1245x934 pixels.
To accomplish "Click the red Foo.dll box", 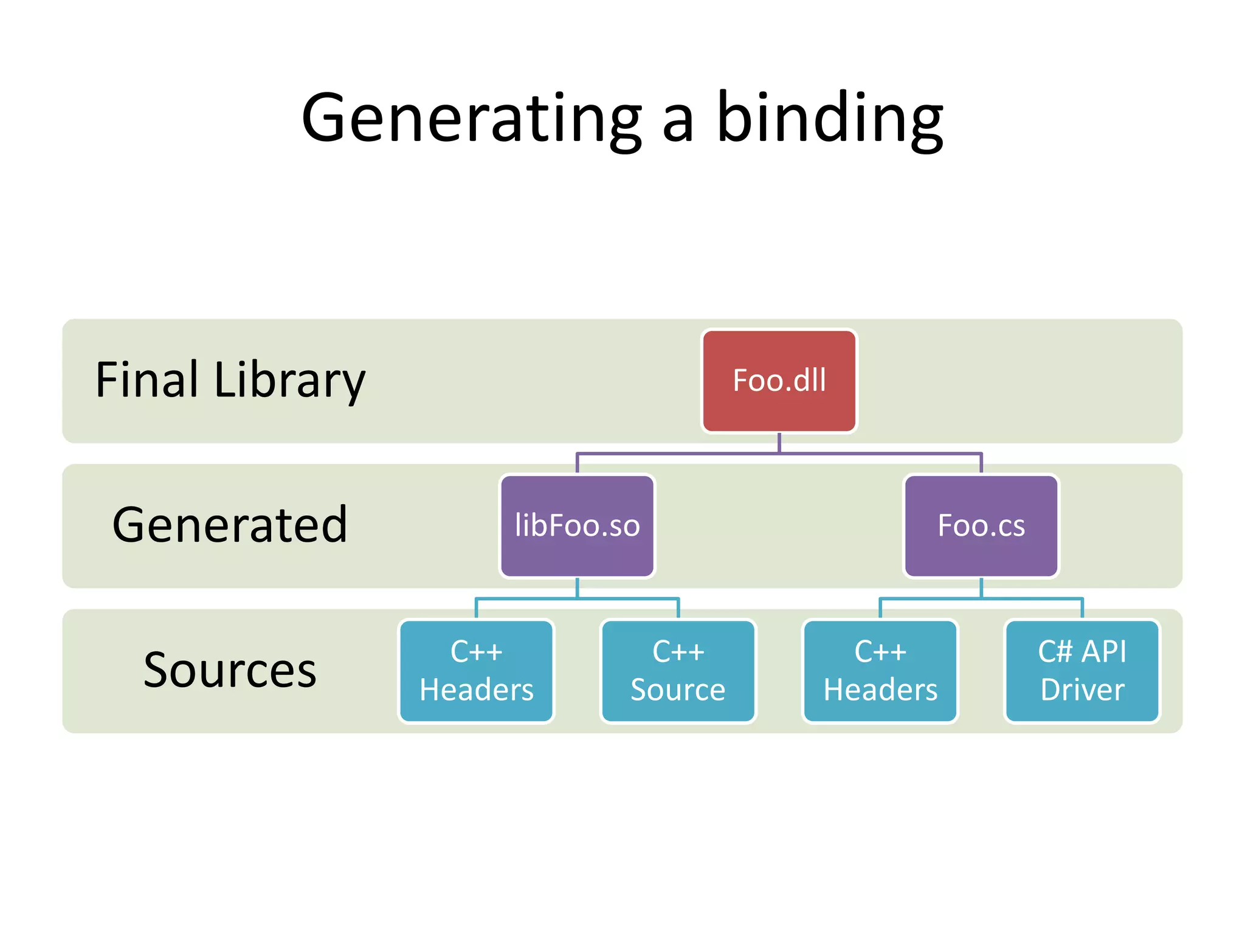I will pyautogui.click(x=779, y=381).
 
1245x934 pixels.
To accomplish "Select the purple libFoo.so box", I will pyautogui.click(x=577, y=526).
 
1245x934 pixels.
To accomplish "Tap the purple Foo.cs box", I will pyautogui.click(x=981, y=526).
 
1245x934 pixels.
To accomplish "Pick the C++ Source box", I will pyautogui.click(x=678, y=671).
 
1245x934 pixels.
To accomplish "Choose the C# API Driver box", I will pyautogui.click(x=1082, y=671).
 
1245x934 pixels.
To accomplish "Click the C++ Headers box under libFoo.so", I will pyautogui.click(x=476, y=671).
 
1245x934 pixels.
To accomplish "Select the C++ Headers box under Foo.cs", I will pyautogui.click(x=880, y=671).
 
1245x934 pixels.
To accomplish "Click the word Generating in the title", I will pyautogui.click(x=471, y=119).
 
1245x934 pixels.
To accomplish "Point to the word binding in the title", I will pyautogui.click(x=830, y=119).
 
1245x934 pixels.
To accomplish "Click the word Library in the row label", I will pyautogui.click(x=289, y=381).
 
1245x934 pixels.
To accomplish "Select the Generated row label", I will pyautogui.click(x=230, y=525).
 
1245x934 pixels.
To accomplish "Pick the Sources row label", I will pyautogui.click(x=230, y=670).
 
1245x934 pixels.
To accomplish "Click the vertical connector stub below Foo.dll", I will pyautogui.click(x=779, y=443).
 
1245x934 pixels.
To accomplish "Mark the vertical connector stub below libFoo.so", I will pyautogui.click(x=577, y=588).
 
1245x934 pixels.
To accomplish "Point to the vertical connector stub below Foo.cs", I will pyautogui.click(x=981, y=588).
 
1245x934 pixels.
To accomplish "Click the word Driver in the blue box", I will pyautogui.click(x=1082, y=690).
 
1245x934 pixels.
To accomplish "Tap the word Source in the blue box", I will pyautogui.click(x=678, y=690).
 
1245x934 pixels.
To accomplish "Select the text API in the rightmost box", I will pyautogui.click(x=1104, y=652).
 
